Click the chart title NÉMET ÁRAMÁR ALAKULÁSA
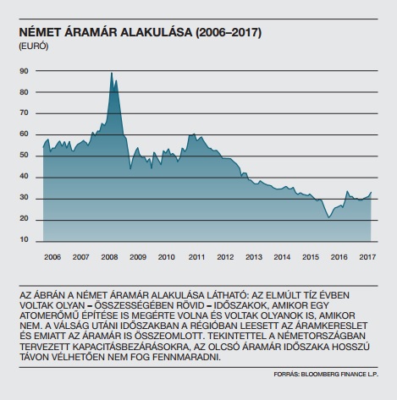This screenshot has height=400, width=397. [x=106, y=32]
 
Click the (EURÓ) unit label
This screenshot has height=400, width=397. [x=34, y=47]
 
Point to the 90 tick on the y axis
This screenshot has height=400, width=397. [x=24, y=71]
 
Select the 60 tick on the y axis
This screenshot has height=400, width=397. [x=24, y=134]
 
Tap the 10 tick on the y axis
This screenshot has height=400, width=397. [x=24, y=239]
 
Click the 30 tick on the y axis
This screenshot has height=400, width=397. [x=24, y=197]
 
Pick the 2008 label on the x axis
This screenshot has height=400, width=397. [x=109, y=257]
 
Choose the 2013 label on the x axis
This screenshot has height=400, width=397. [x=254, y=257]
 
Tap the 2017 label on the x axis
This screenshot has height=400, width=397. [x=367, y=257]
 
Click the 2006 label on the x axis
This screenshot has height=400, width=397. [x=52, y=257]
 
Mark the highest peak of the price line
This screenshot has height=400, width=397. [x=112, y=73]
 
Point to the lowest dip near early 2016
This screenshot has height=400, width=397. [x=328, y=217]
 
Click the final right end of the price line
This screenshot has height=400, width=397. [x=371, y=192]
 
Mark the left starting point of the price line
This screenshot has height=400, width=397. [x=43, y=147]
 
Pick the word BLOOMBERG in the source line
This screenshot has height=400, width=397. [x=317, y=375]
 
